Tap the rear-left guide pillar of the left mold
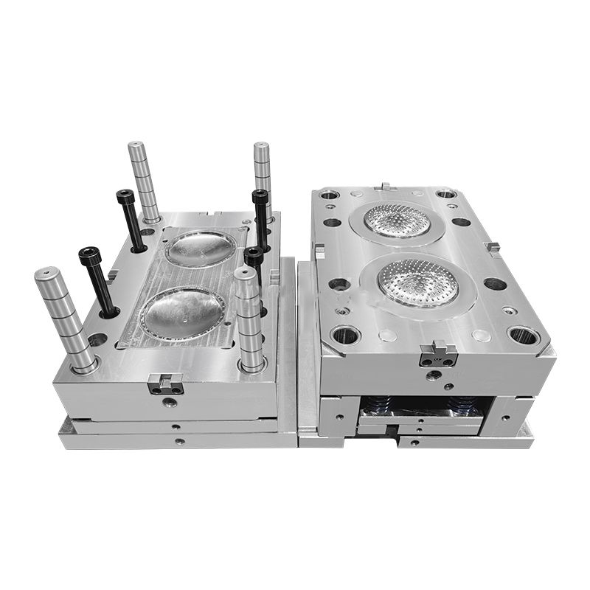click(143, 180)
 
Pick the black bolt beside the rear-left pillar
click(130, 218)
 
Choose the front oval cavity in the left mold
click(182, 313)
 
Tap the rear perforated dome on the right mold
click(398, 220)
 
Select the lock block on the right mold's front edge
click(438, 355)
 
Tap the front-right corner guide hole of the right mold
click(524, 336)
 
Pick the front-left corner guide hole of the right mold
click(345, 336)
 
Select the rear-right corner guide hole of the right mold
click(446, 194)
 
